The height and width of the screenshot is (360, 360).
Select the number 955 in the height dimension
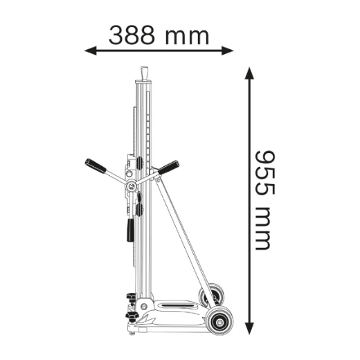pyautogui.click(x=261, y=170)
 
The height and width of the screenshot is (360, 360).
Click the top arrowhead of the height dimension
pyautogui.click(x=249, y=73)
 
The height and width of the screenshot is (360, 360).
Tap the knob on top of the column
pyautogui.click(x=145, y=73)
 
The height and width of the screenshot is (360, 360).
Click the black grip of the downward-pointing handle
pyautogui.click(x=130, y=230)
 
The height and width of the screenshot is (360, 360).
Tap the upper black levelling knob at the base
pyautogui.click(x=130, y=299)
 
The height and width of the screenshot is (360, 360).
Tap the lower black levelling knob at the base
pyautogui.click(x=130, y=317)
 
